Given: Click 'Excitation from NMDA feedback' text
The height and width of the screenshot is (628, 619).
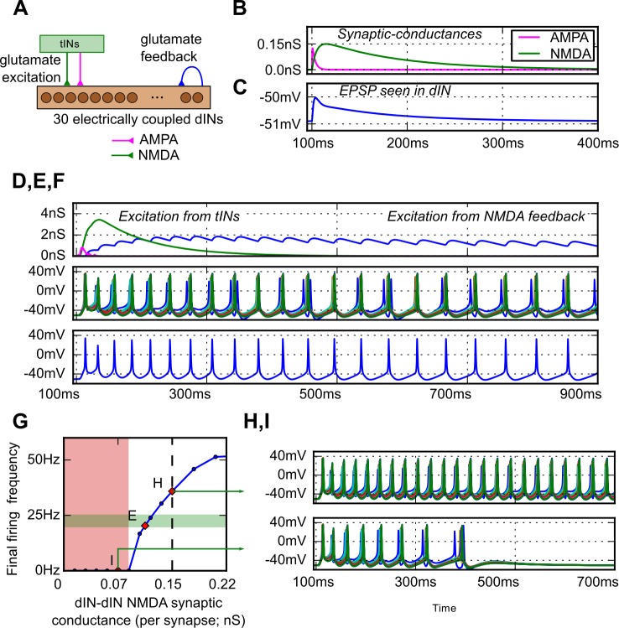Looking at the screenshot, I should (486, 217).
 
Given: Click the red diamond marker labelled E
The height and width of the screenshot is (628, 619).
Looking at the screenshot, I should (144, 526).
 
